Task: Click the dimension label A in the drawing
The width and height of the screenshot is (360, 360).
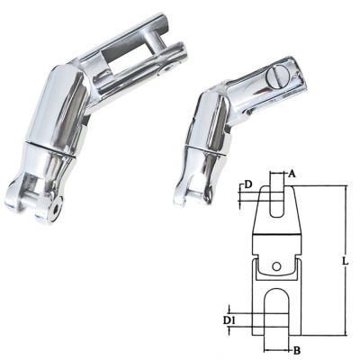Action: pyautogui.click(x=292, y=174)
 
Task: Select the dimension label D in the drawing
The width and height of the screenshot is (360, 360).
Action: pyautogui.click(x=247, y=184)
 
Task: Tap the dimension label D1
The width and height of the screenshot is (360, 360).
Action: pyautogui.click(x=229, y=321)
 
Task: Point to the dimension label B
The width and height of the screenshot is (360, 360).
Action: pyautogui.click(x=297, y=350)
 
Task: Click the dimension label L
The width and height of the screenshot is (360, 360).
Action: pyautogui.click(x=346, y=261)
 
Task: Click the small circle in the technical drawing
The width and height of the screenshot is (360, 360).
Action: pyautogui.click(x=277, y=266)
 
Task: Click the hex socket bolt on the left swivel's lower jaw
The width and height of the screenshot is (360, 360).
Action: pyautogui.click(x=56, y=211)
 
